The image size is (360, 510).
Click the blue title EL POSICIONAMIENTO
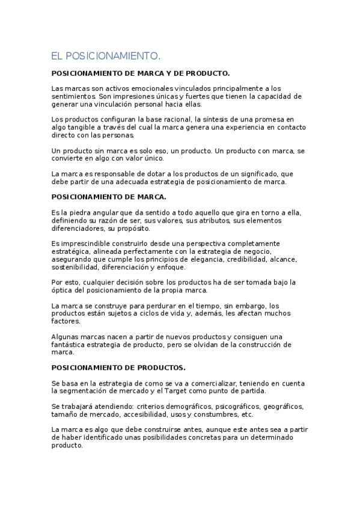click(106, 56)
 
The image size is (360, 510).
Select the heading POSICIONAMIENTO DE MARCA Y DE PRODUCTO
click(141, 73)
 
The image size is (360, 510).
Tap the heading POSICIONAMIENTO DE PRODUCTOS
click(118, 367)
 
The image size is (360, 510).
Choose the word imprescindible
click(85, 244)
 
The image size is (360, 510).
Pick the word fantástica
click(71, 345)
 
